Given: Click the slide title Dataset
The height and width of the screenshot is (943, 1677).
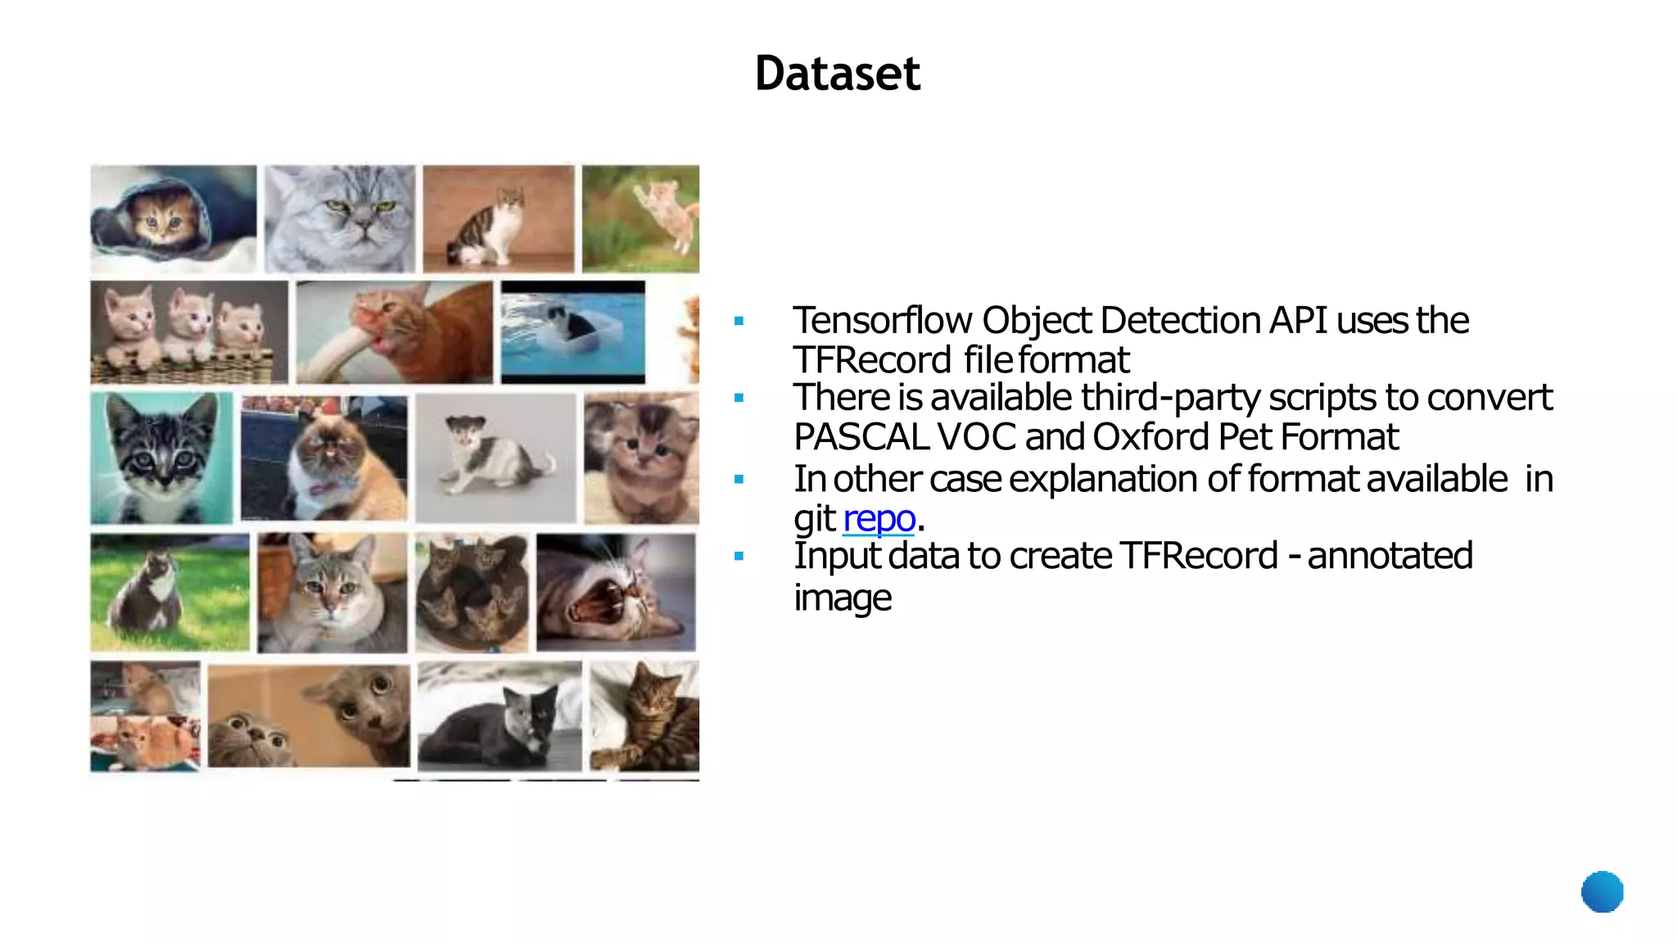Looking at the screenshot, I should point(837,74).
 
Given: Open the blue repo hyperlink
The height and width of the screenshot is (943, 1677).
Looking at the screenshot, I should point(879,518).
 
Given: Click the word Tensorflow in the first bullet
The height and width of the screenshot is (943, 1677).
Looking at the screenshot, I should point(882,320).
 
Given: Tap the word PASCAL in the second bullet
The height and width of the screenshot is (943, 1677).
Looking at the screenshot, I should point(861,437).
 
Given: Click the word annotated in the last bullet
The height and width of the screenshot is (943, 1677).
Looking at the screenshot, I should point(1390,556).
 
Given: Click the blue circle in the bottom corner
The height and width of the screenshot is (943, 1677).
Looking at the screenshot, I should point(1602,891).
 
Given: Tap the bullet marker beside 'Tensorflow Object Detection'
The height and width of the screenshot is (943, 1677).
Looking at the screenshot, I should point(739,322).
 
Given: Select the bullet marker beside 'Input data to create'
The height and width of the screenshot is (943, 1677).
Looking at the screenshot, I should point(739,557).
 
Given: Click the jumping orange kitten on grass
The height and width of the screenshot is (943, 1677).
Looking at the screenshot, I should point(663,210).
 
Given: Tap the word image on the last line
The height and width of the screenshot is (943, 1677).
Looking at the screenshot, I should point(842,598).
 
